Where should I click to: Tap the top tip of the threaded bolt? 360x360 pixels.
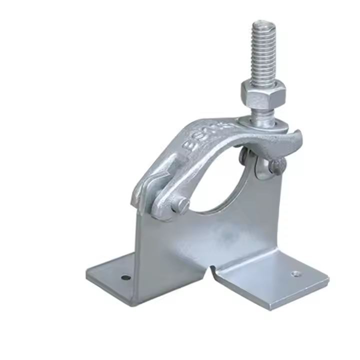(x=261, y=23)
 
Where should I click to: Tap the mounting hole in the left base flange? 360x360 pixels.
(x=126, y=277)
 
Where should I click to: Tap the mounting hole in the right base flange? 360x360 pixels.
(x=296, y=273)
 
